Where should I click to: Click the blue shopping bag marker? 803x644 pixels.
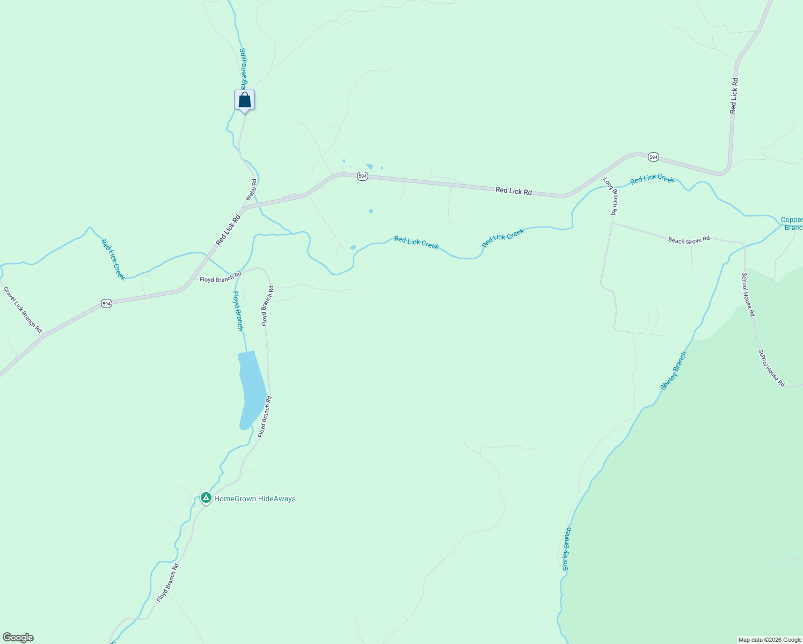(x=244, y=100)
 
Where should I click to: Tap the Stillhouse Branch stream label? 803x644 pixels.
(x=243, y=69)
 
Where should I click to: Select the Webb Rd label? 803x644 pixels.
(x=251, y=190)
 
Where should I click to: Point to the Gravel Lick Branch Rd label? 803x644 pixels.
(x=23, y=310)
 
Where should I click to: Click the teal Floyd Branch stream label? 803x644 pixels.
(x=238, y=311)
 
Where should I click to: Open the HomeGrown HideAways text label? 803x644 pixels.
(x=254, y=499)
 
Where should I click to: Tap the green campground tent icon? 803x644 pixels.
(x=206, y=498)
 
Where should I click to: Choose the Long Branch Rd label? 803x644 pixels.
(x=610, y=196)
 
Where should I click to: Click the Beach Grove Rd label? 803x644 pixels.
(x=689, y=240)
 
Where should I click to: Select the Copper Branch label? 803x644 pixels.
(x=792, y=224)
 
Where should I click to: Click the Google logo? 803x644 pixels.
(x=18, y=638)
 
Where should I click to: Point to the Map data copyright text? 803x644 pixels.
(x=769, y=640)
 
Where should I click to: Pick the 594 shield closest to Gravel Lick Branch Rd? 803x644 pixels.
(x=106, y=304)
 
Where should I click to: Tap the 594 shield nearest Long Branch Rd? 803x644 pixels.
(x=653, y=157)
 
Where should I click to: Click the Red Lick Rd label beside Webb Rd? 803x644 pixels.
(x=228, y=230)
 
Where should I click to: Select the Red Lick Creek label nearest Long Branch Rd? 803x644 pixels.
(x=652, y=179)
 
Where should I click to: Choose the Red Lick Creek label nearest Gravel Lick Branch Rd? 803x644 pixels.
(x=113, y=259)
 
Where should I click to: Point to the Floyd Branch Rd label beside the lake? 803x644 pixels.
(x=265, y=416)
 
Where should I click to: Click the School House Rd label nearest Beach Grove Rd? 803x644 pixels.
(x=748, y=295)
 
